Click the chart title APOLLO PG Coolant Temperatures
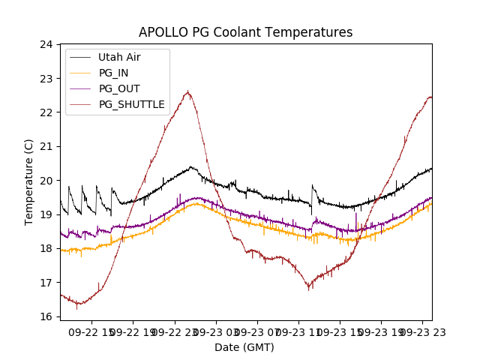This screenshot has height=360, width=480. click(245, 32)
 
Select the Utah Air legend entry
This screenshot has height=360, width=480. click(119, 57)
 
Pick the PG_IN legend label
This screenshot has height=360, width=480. click(113, 73)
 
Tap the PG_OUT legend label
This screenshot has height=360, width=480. click(119, 88)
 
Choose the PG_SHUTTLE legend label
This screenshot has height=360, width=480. click(131, 104)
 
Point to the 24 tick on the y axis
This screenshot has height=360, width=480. click(46, 44)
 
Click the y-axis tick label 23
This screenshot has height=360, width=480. click(46, 78)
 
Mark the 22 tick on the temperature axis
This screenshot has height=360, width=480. click(46, 112)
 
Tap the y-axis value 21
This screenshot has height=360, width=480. click(46, 146)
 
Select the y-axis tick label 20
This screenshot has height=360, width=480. click(46, 181)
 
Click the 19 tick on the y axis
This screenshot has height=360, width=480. click(46, 214)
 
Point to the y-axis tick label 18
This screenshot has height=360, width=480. click(46, 248)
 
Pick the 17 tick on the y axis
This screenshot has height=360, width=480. click(46, 283)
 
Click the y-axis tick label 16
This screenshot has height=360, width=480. click(46, 316)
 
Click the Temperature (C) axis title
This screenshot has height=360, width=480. click(29, 181)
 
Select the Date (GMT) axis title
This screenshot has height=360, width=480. click(244, 347)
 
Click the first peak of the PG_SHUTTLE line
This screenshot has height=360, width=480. click(187, 92)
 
